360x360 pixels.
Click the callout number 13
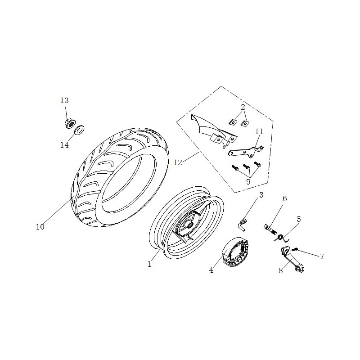click(x=64, y=100)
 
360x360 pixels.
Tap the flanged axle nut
click(x=69, y=123)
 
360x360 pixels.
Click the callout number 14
click(x=64, y=145)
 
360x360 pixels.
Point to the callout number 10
click(x=40, y=227)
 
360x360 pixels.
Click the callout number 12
click(x=178, y=162)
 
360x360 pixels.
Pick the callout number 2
click(x=243, y=107)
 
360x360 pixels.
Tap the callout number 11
click(x=259, y=131)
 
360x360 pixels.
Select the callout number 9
click(x=248, y=182)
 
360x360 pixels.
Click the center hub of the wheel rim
click(x=190, y=225)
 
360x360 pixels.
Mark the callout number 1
click(x=149, y=264)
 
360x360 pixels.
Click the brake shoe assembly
click(x=235, y=252)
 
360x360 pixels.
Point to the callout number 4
click(x=211, y=270)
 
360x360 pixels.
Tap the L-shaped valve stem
click(x=243, y=225)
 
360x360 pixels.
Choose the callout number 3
click(x=261, y=195)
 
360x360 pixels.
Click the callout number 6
click(x=285, y=198)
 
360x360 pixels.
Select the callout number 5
click(x=298, y=219)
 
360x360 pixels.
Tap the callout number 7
click(x=322, y=256)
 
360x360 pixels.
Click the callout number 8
click(x=280, y=271)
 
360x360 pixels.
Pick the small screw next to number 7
click(x=295, y=249)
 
